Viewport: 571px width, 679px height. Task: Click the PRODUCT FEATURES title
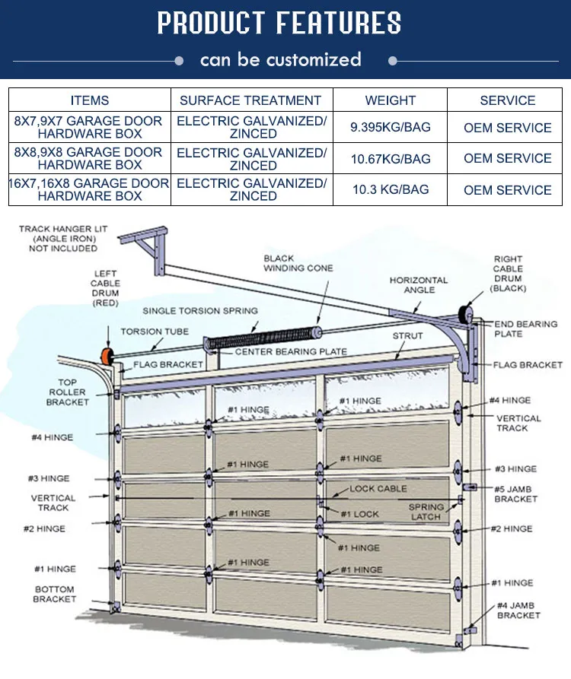[x=279, y=24]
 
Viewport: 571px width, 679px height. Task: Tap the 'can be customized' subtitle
[x=280, y=59]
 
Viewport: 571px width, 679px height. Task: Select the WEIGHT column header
[x=390, y=100]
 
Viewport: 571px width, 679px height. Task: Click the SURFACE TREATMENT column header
[x=250, y=100]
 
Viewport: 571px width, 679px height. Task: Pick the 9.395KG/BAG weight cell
[x=390, y=128]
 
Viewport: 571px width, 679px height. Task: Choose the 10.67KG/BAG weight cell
[x=390, y=159]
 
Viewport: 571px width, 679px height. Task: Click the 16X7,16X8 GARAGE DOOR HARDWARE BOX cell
[x=90, y=189]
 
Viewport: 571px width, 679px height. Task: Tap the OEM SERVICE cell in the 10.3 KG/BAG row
[x=507, y=190]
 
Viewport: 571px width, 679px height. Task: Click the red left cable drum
[x=104, y=356]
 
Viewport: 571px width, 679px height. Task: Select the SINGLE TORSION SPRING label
[x=200, y=311]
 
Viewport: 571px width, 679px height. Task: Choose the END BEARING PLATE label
[x=525, y=328]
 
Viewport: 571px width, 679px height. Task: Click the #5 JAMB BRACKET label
[x=515, y=493]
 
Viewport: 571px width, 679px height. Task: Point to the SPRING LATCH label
[x=426, y=512]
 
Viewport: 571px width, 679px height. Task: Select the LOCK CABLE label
[x=378, y=489]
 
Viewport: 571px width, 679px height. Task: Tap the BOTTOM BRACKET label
[x=54, y=594]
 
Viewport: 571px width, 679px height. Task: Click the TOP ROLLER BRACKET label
[x=67, y=392]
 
